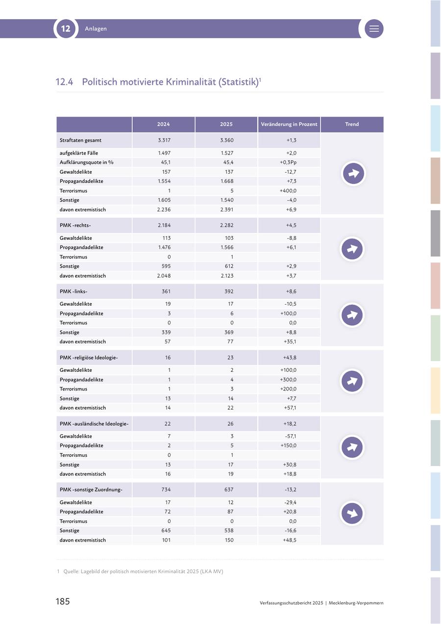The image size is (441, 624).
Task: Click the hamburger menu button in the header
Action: coord(374,28)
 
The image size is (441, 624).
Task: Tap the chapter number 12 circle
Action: coord(66,28)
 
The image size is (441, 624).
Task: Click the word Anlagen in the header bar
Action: coord(96,28)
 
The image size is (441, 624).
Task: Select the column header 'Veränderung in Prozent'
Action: coord(289,124)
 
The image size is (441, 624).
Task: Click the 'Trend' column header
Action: coord(352,124)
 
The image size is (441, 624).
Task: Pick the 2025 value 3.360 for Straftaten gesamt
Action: coord(227,140)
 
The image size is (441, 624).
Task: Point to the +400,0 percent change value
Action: coord(288,191)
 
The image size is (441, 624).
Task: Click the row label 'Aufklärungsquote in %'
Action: coord(87,162)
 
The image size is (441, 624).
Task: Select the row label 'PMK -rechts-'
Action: coord(75,225)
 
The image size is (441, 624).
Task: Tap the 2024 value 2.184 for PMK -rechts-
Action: coord(164,225)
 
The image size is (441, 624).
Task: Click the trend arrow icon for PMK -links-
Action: coord(352,315)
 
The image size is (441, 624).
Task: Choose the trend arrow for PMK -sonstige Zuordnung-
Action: coord(352,513)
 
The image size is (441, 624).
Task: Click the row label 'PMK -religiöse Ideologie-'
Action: coord(89,358)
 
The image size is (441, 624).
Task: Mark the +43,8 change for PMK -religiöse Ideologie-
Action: coord(290,358)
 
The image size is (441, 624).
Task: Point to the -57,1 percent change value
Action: coord(291,436)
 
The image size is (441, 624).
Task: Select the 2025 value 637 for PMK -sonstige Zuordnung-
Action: coord(229,490)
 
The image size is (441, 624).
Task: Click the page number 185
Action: coord(63,601)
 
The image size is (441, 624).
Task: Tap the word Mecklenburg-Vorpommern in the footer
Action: coord(356,603)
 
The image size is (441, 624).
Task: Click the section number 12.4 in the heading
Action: coord(64,82)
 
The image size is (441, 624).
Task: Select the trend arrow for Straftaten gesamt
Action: coord(353,173)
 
